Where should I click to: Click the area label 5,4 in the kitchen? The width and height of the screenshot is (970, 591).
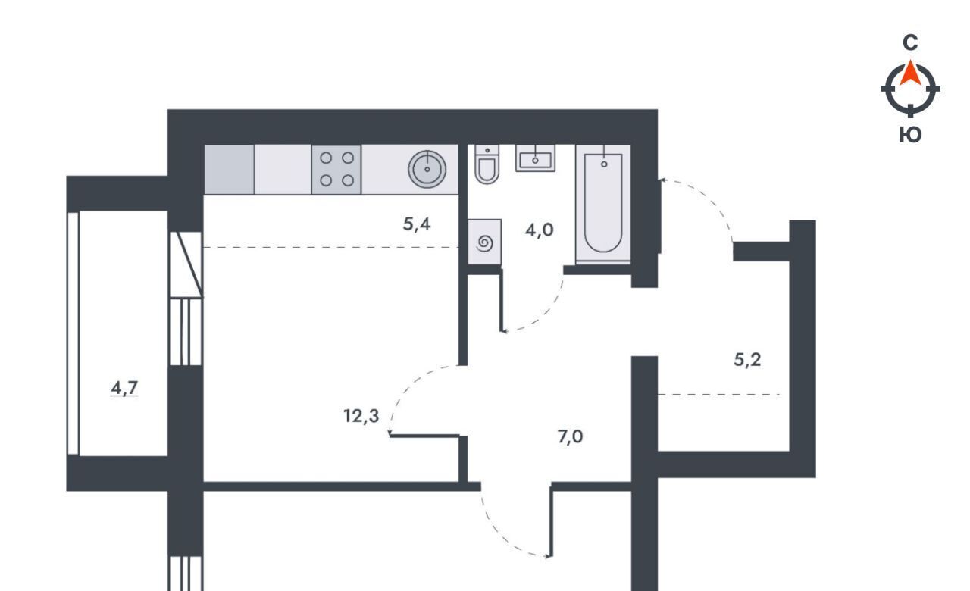click(x=417, y=224)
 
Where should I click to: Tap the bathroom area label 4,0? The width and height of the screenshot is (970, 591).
click(x=539, y=230)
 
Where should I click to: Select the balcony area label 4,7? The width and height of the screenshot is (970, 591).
click(x=124, y=388)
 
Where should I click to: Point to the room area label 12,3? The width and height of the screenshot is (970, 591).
click(x=361, y=416)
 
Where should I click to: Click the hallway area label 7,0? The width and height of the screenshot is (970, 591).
click(x=571, y=437)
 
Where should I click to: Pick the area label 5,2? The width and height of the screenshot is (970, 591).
click(x=747, y=360)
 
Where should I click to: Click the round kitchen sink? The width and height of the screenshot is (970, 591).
click(x=427, y=169)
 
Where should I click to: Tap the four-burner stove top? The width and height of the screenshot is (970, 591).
click(x=336, y=169)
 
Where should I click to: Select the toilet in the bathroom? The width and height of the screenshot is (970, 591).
click(x=487, y=164)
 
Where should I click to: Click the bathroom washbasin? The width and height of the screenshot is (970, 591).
click(x=535, y=158)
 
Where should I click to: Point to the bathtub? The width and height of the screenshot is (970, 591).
click(x=603, y=204)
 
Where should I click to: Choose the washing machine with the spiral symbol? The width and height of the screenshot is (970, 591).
click(x=485, y=242)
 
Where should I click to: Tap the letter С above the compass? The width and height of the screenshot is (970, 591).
click(x=910, y=43)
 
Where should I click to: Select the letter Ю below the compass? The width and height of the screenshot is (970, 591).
click(x=910, y=135)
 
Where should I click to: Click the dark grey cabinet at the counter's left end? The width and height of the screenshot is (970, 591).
click(x=229, y=169)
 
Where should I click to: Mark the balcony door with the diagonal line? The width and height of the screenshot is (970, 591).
click(x=186, y=264)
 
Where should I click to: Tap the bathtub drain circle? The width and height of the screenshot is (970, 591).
click(x=604, y=164)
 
